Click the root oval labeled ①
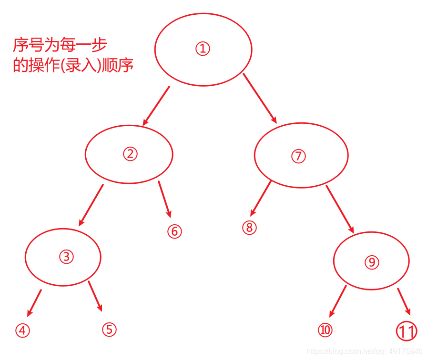[203, 49]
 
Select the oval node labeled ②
[129, 154]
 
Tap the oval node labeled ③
[63, 257]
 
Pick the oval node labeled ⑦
[301, 156]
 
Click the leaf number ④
[22, 330]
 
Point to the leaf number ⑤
[109, 329]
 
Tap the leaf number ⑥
[174, 231]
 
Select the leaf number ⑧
[249, 228]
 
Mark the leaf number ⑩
[325, 330]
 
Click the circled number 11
[407, 331]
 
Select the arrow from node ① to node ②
[156, 106]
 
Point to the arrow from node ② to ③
[91, 205]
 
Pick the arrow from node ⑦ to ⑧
[261, 198]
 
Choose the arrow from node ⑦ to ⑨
[340, 209]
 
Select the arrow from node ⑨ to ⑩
[338, 301]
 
